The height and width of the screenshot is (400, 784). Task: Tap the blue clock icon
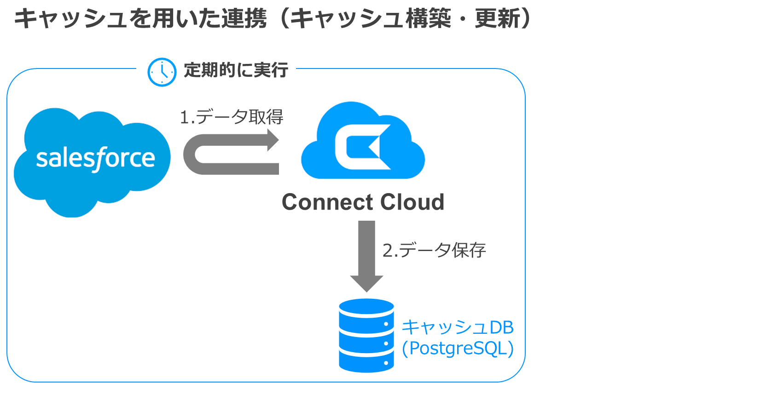click(x=162, y=72)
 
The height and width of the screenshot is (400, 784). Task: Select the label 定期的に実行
click(x=236, y=70)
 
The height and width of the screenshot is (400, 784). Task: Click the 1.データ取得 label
click(x=231, y=117)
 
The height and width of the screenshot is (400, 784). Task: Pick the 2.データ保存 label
click(x=434, y=251)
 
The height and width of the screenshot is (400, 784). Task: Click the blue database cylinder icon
click(x=366, y=336)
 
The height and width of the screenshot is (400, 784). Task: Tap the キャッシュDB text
click(x=458, y=327)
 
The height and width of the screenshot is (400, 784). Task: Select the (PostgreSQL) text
click(x=458, y=349)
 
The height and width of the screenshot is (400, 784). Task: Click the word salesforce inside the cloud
click(x=95, y=159)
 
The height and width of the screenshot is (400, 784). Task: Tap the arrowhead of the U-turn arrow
click(x=273, y=140)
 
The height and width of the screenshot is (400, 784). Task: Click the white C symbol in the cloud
click(x=359, y=147)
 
